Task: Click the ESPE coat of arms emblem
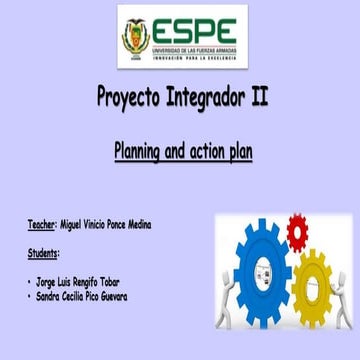(x=135, y=38)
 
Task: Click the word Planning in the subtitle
(x=138, y=153)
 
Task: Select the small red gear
(x=297, y=233)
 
